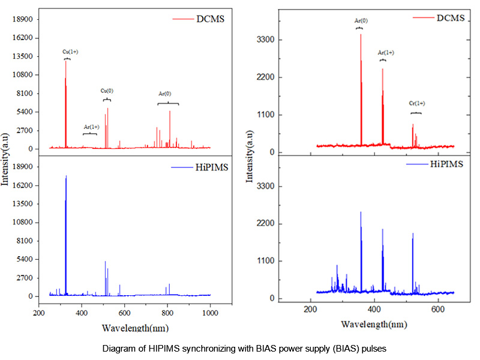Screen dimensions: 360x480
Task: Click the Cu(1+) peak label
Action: coord(70,52)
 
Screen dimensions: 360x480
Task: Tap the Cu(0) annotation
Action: coord(107,91)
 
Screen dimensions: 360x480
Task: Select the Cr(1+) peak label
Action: coord(416,103)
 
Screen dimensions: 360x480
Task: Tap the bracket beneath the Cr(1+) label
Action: coord(416,113)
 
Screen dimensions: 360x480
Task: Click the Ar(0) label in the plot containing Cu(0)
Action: coord(165,94)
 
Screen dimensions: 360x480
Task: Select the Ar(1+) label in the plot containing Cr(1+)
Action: coord(386,53)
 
